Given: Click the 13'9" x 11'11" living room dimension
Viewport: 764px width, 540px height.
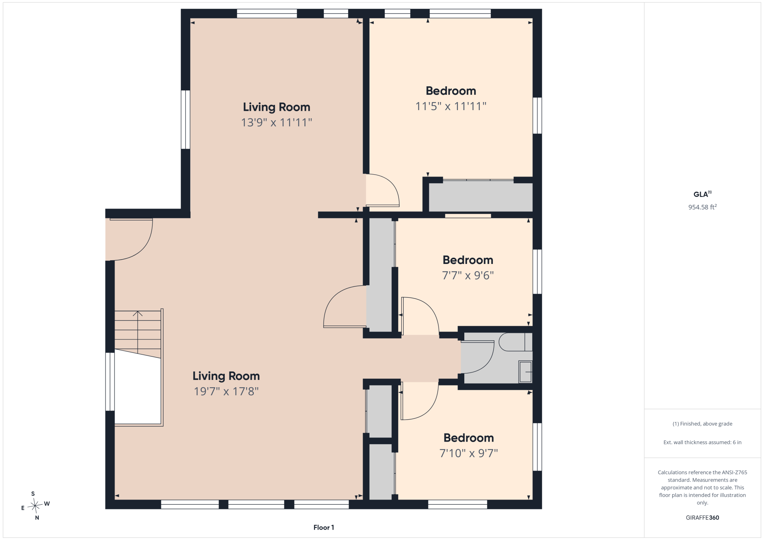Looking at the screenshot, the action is point(276,122).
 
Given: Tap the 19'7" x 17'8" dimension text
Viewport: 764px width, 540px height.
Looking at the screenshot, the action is point(226,391).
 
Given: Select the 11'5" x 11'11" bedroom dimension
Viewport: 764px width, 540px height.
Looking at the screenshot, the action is point(451,106).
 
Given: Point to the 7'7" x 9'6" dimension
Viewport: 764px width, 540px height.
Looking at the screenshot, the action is point(468,275).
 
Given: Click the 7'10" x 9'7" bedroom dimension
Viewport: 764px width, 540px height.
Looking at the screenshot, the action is point(469,453).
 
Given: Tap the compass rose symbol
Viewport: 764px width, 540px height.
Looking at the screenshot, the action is point(35,506).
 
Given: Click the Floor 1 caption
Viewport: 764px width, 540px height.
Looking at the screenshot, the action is point(324,528).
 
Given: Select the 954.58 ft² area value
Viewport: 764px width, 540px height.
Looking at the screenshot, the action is point(702,207).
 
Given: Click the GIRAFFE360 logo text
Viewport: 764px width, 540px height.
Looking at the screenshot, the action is point(702,518).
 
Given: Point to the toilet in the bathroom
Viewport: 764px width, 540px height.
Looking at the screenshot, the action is point(515,342).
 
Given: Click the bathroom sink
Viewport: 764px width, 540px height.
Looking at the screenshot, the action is point(525,372).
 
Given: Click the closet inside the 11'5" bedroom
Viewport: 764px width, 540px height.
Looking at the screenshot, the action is point(480,197).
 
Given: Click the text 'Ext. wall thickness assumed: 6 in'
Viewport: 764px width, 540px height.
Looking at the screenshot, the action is point(702,442).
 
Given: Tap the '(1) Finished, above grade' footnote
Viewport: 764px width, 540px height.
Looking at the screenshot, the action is point(702,424).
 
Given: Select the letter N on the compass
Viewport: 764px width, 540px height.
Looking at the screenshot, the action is point(37,518).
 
